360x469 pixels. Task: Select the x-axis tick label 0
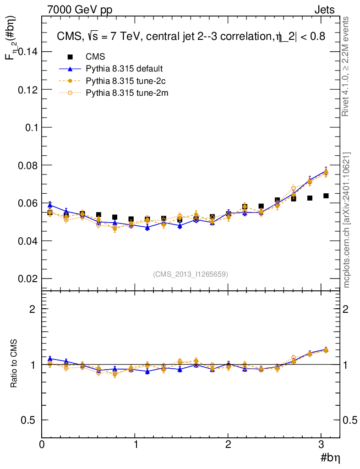[x=42, y=444]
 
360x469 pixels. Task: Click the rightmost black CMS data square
[x=326, y=196]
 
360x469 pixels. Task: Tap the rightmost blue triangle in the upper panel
[x=326, y=171]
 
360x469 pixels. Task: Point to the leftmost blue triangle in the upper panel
[x=50, y=205]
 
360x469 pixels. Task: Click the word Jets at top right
[x=324, y=10]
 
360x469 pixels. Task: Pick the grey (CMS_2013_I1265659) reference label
[x=191, y=274]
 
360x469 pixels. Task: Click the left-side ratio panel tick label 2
[x=32, y=309]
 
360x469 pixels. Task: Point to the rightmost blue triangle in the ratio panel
[x=326, y=349]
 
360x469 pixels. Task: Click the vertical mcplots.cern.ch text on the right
[x=347, y=220]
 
